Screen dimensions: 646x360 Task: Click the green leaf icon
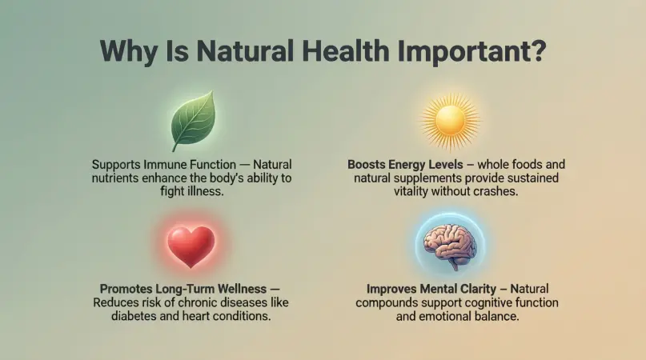pos(193,120)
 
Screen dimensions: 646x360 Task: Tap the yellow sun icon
pos(450,121)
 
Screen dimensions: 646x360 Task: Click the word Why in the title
pos(129,51)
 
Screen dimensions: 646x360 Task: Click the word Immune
pos(164,165)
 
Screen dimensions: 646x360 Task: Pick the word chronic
pos(194,302)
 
